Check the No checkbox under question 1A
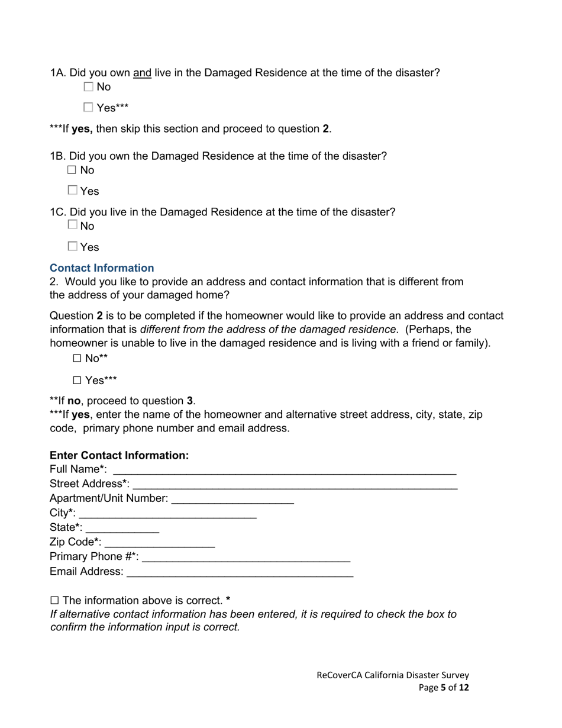coord(89,87)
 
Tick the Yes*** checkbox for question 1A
coord(89,108)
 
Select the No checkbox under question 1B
coord(72,170)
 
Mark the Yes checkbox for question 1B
coord(72,191)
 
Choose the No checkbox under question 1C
coord(72,225)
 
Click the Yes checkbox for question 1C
coord(72,246)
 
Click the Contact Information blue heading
coord(102,268)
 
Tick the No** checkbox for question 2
coord(77,359)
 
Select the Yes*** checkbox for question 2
coord(77,381)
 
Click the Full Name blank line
coord(284,470)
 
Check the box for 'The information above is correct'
coord(55,600)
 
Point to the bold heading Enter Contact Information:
coord(119,455)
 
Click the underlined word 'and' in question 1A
coord(142,73)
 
